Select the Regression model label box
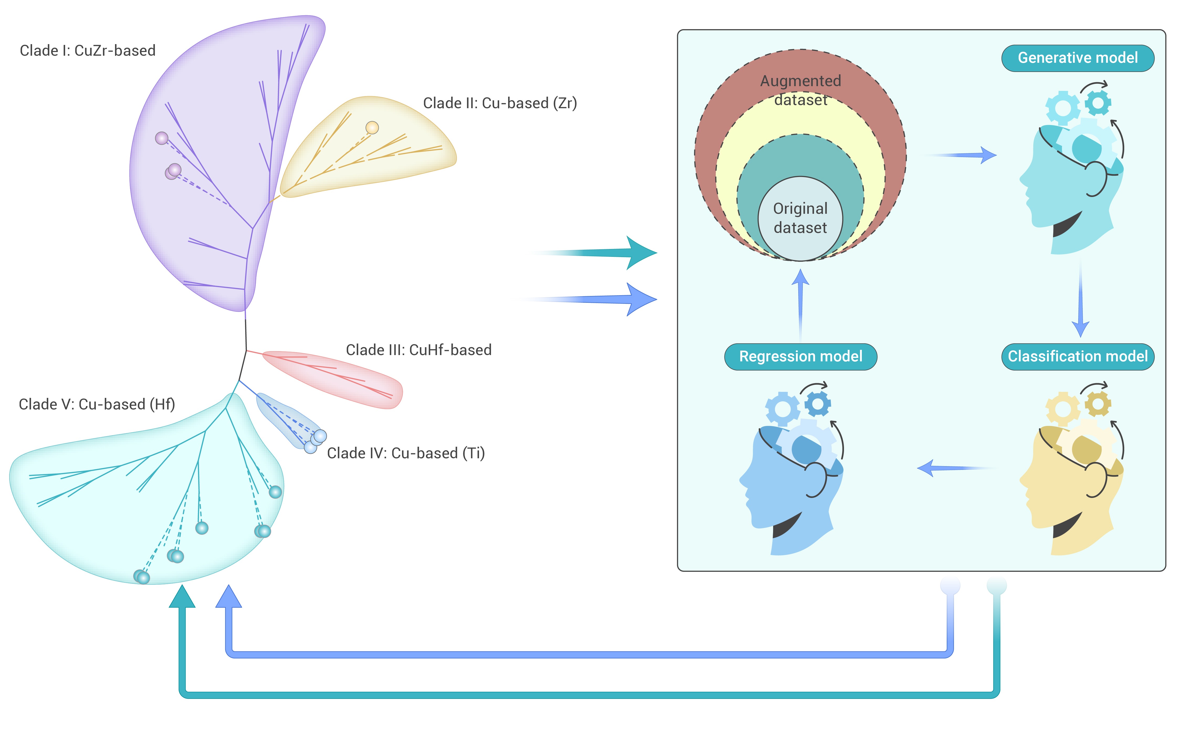tap(800, 357)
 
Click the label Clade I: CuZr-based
tap(87, 51)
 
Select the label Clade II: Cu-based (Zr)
tap(500, 103)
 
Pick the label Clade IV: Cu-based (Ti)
tap(406, 453)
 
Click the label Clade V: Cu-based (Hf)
tap(97, 404)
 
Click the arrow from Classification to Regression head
tap(953, 468)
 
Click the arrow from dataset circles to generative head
tap(963, 155)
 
